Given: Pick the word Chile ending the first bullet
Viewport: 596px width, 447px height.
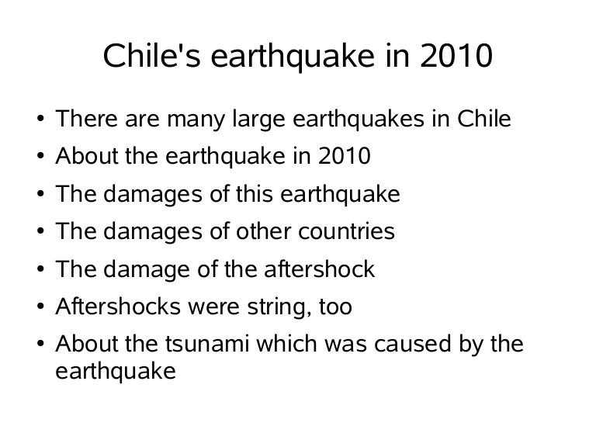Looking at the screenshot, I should pyautogui.click(x=485, y=120).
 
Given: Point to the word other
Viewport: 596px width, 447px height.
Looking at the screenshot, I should pyautogui.click(x=260, y=232).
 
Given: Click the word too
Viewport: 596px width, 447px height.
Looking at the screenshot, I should pyautogui.click(x=335, y=307).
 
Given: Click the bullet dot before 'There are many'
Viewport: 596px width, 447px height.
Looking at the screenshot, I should pyautogui.click(x=38, y=121).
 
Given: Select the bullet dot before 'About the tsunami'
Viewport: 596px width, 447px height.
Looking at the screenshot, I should pyautogui.click(x=38, y=345).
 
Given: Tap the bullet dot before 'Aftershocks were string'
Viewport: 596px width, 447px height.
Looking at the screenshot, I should pyautogui.click(x=38, y=307).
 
